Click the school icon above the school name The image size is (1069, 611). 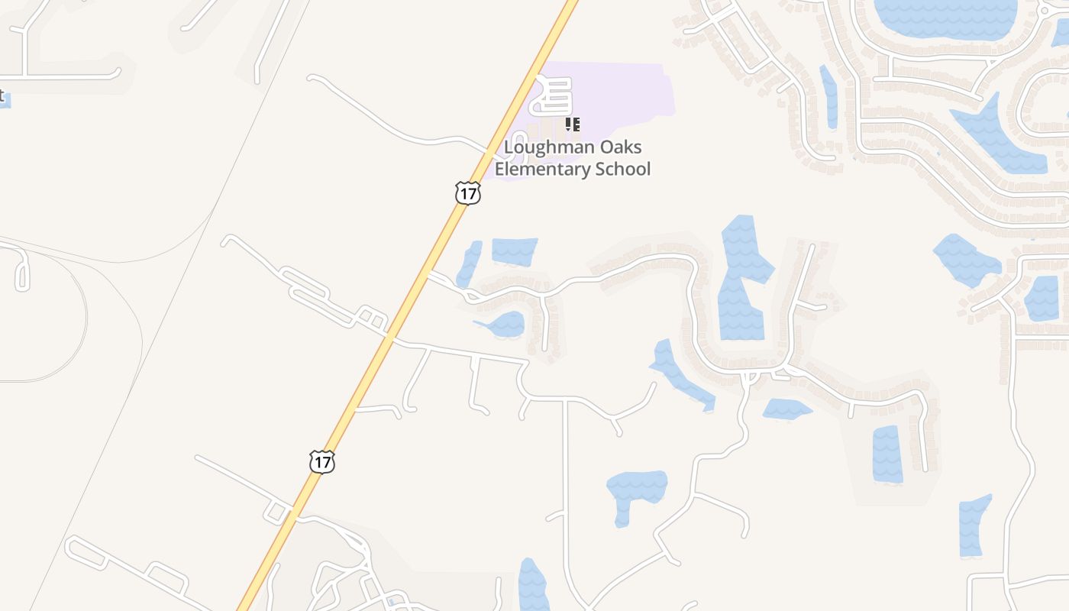[x=573, y=124]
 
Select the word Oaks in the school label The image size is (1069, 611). [x=621, y=147]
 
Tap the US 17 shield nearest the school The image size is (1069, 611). [x=467, y=193]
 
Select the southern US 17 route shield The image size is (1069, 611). [x=322, y=461]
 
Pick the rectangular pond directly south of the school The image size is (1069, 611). [x=514, y=251]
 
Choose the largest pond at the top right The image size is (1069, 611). [x=945, y=17]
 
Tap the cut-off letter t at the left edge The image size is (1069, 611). [x=2, y=96]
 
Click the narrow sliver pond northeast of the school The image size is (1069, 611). [x=829, y=95]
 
